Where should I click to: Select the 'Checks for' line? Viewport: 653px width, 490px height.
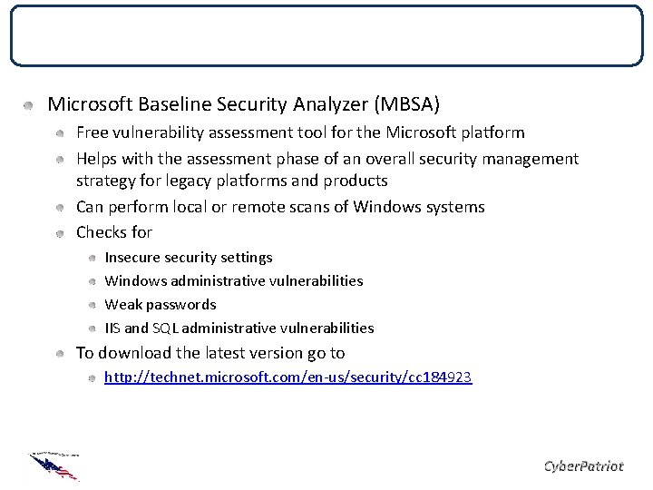tap(113, 232)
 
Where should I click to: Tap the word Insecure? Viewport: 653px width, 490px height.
tap(133, 258)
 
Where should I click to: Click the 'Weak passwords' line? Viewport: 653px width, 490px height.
tap(161, 304)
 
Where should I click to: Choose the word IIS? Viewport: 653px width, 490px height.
tap(113, 328)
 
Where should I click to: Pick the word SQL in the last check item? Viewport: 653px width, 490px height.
tap(162, 328)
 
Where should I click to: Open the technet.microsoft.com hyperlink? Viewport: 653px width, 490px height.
tap(288, 376)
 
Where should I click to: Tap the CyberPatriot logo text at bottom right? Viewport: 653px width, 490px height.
tap(582, 465)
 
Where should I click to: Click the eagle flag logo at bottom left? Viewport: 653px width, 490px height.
tap(54, 464)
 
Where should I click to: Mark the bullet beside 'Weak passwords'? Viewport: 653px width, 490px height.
tap(93, 305)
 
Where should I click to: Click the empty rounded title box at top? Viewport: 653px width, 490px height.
tap(326, 36)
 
